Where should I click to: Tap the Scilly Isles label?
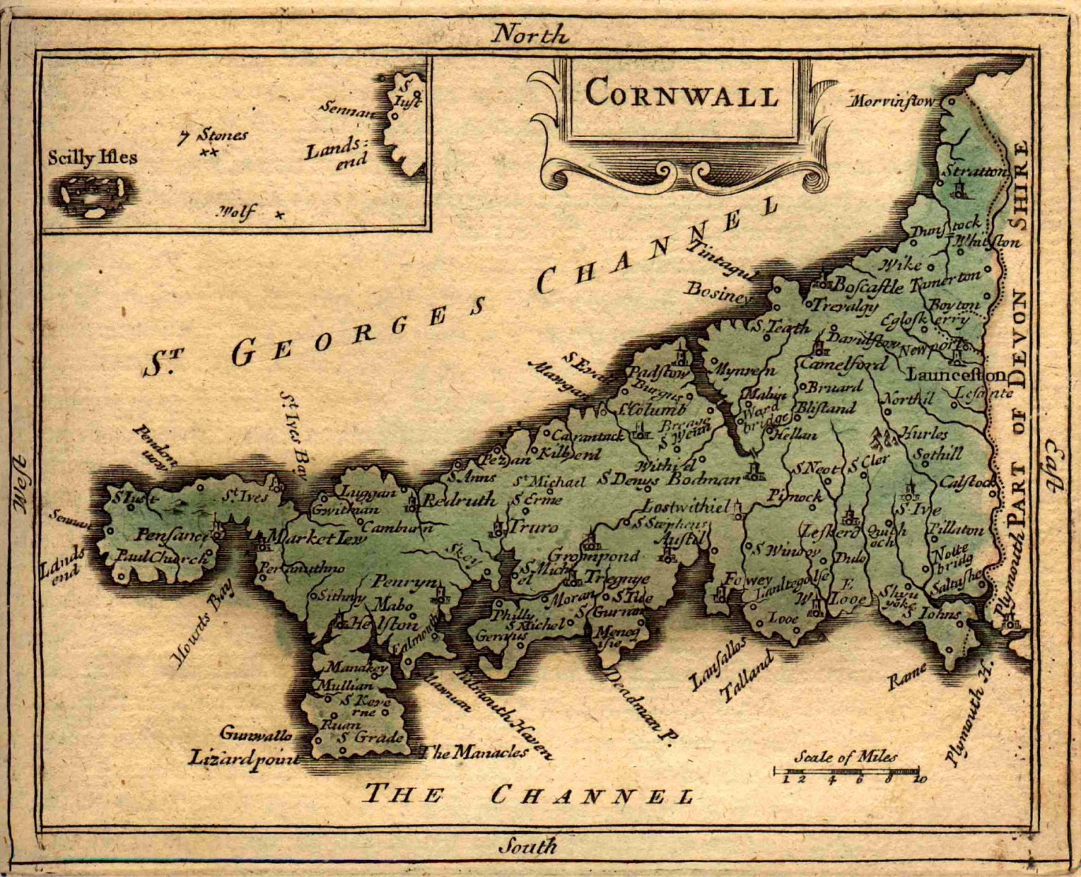[x=92, y=157]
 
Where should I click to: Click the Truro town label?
[x=534, y=526]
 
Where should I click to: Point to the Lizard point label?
[x=243, y=757]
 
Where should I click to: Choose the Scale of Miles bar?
[x=846, y=770]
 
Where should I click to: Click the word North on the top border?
[x=530, y=34]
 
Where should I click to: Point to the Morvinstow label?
[x=893, y=102]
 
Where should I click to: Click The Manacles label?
[x=473, y=751]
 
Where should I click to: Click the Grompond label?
[x=593, y=556]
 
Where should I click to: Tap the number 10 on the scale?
[x=920, y=779]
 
